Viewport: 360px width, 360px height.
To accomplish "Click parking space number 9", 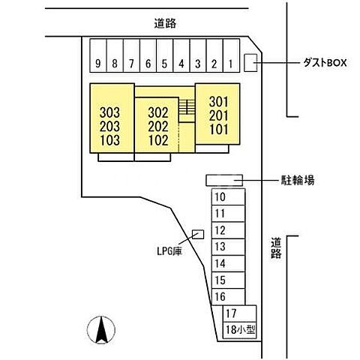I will (x=97, y=63).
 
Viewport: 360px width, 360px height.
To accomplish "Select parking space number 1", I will (x=231, y=63).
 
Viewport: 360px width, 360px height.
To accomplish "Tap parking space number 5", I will (x=164, y=63).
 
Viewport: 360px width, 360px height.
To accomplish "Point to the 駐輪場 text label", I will (x=298, y=180).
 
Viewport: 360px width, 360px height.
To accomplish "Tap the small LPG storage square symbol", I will (x=197, y=234).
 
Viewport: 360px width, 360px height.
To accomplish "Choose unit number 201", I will (x=218, y=114).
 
